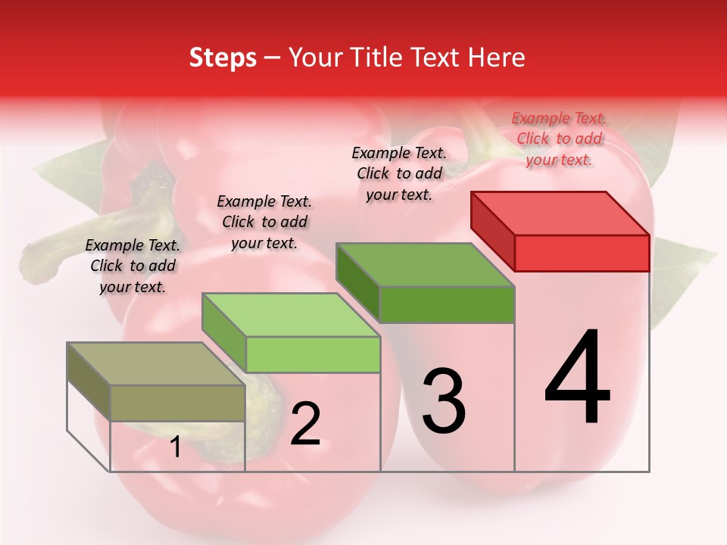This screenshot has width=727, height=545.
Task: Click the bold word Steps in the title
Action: click(223, 58)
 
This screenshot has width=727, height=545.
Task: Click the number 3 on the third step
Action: click(443, 400)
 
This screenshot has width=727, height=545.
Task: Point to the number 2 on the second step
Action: click(305, 423)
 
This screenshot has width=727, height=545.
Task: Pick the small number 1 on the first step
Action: click(175, 447)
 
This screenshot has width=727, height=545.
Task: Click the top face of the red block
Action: click(560, 213)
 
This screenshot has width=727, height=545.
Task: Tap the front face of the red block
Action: click(582, 253)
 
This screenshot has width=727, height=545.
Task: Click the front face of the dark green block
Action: click(447, 305)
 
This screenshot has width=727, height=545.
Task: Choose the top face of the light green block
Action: click(291, 315)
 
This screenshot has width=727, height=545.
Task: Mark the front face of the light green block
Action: click(313, 355)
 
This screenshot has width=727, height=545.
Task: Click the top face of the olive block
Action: click(156, 364)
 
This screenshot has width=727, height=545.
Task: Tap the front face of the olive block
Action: click(177, 403)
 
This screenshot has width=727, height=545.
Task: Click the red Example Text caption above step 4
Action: click(559, 139)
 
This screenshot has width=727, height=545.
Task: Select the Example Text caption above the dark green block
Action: click(399, 173)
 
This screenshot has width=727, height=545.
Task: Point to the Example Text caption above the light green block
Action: click(264, 222)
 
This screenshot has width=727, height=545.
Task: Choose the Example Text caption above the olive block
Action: click(133, 266)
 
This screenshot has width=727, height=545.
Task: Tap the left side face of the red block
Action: click(492, 230)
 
